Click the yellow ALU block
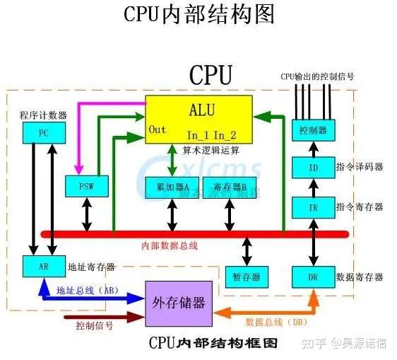(x=198, y=119)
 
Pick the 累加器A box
(x=171, y=187)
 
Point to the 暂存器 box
(x=246, y=276)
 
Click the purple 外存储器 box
(x=178, y=302)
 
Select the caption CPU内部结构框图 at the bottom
(x=213, y=343)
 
